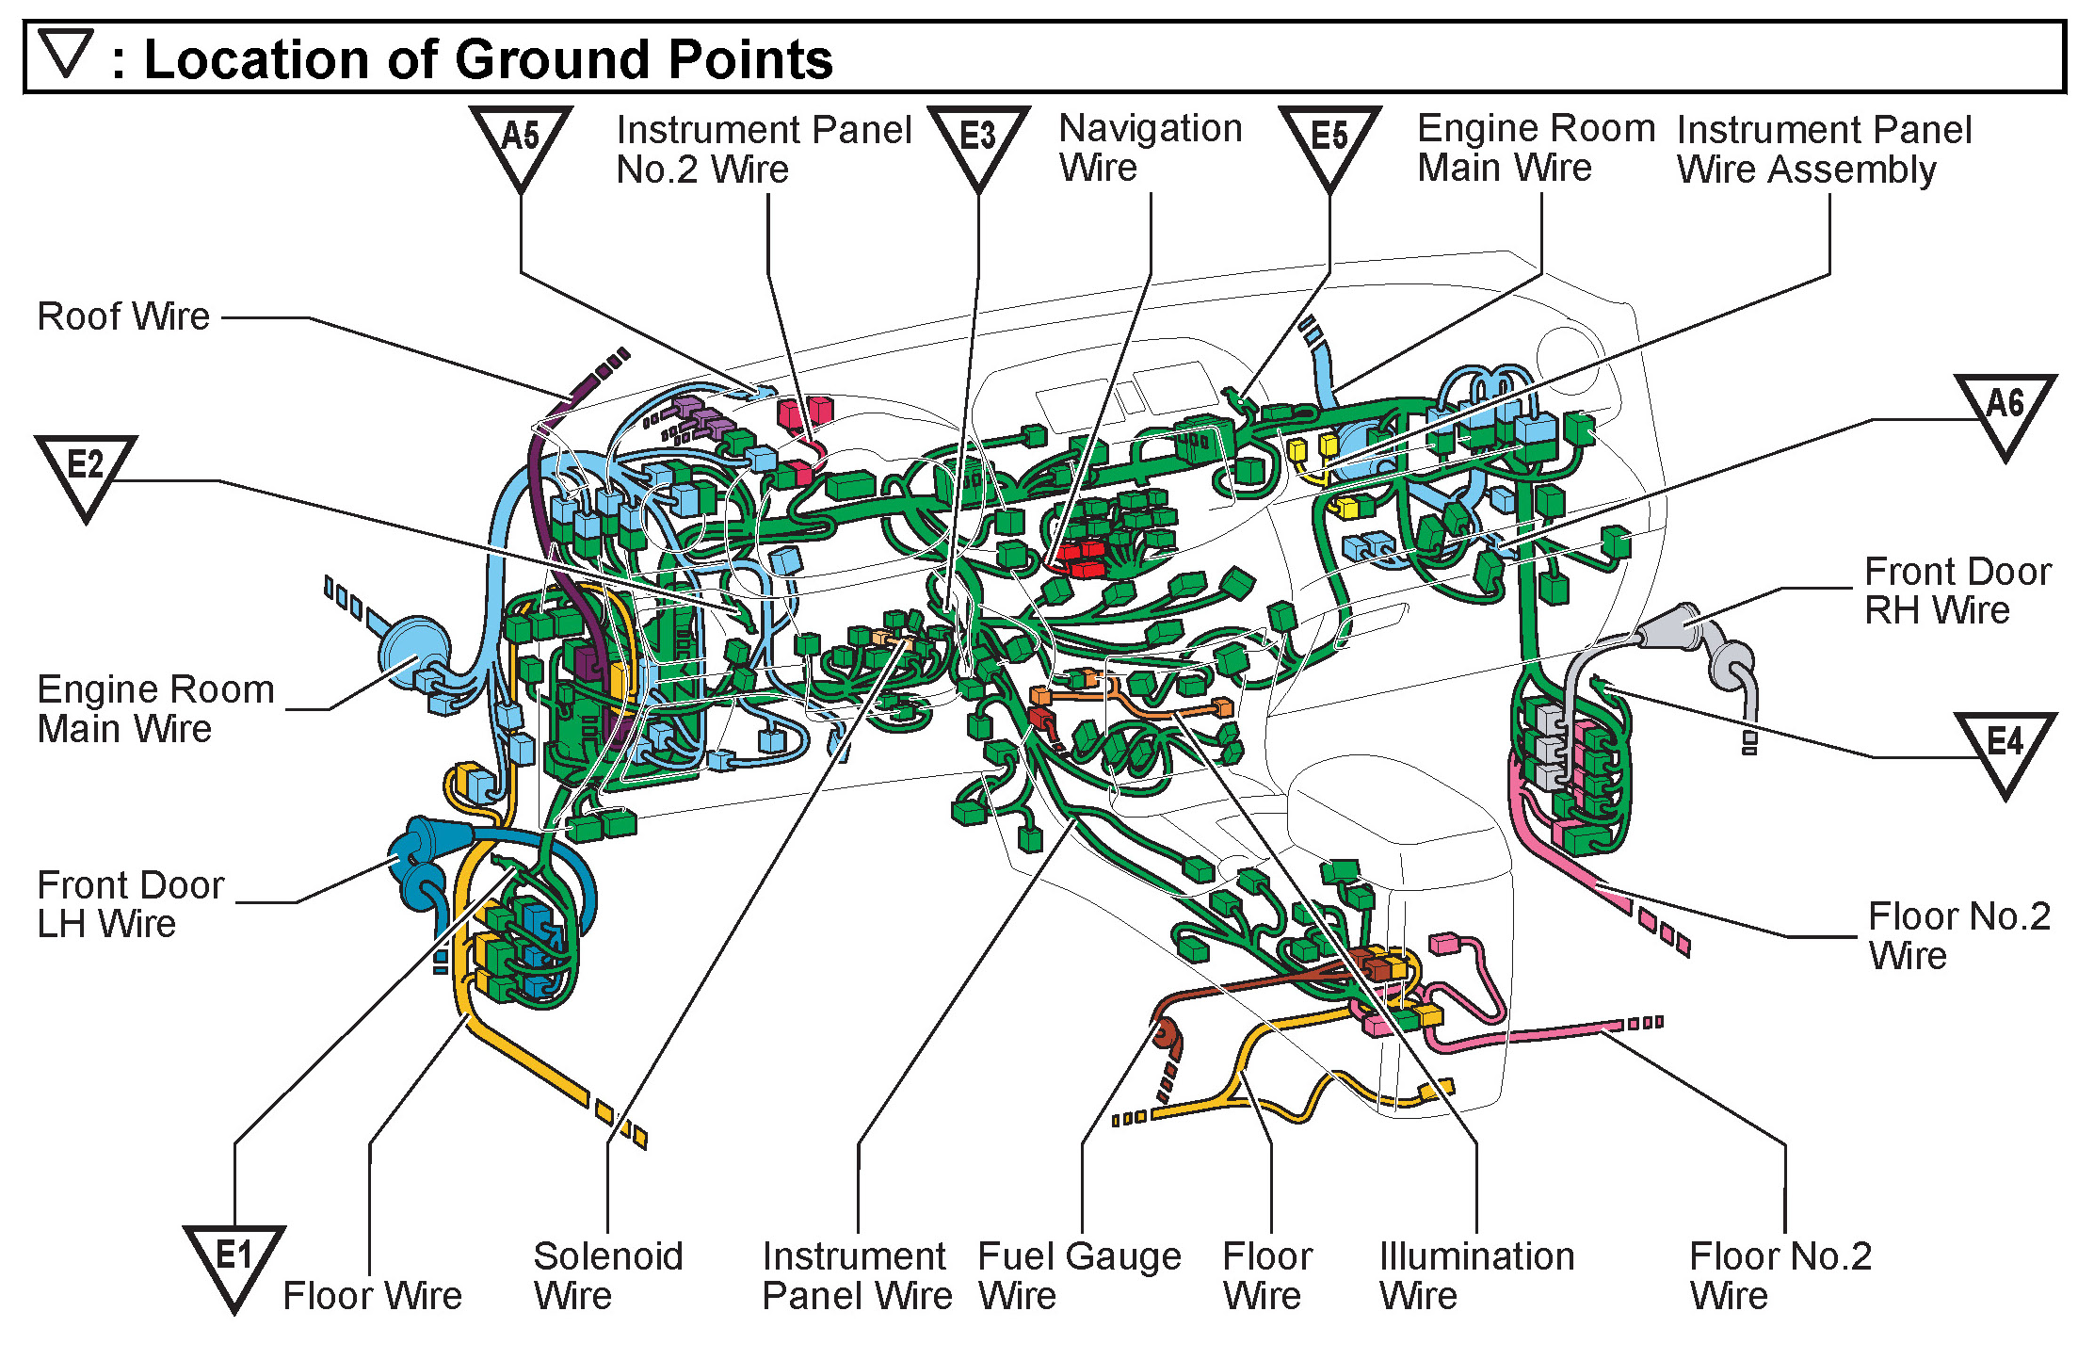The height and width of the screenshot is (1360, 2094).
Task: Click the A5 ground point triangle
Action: tap(521, 143)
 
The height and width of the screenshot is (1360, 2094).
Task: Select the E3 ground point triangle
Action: tap(978, 143)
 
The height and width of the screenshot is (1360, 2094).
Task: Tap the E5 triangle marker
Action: tap(1329, 143)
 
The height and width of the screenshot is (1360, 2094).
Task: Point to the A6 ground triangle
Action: tap(2005, 411)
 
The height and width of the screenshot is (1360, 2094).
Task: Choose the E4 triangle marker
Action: tap(2005, 750)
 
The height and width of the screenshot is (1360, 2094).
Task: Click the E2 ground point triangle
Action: tap(86, 472)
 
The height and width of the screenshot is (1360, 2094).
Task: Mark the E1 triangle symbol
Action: tap(234, 1262)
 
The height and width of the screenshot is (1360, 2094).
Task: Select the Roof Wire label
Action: tap(123, 316)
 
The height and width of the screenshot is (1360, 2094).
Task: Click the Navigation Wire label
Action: tap(1150, 148)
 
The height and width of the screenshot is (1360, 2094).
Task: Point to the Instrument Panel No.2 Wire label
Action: tap(764, 150)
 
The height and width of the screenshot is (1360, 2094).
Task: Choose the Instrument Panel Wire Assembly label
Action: tap(1824, 150)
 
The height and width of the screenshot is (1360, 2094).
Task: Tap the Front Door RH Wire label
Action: tap(1957, 591)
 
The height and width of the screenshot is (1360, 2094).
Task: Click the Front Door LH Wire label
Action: tap(130, 904)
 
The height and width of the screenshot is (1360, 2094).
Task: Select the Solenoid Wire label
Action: tap(607, 1275)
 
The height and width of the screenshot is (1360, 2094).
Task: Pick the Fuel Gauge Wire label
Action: tap(1079, 1275)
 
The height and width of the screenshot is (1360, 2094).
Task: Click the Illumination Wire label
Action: tap(1476, 1275)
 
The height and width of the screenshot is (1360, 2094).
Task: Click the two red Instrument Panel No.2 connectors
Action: tap(805, 412)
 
